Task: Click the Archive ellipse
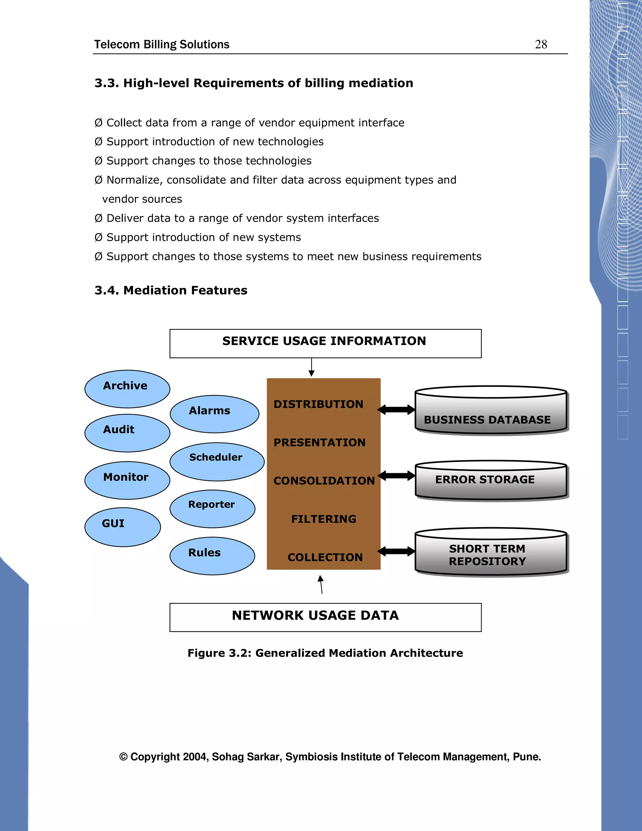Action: [127, 389]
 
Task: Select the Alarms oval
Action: [214, 414]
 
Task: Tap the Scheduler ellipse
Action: [217, 462]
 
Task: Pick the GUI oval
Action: [123, 527]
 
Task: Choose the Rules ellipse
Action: [212, 556]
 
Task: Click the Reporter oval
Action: [212, 509]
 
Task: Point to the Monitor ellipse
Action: [127, 480]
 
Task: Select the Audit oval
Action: [127, 433]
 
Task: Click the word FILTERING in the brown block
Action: [324, 519]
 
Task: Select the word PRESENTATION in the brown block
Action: [319, 442]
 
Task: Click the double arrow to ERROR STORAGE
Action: [396, 476]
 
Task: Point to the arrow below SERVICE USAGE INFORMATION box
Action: [312, 367]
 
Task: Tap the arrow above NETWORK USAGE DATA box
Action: [321, 585]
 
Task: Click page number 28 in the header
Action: [541, 44]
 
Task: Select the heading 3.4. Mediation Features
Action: [171, 290]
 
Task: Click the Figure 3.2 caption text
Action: [325, 653]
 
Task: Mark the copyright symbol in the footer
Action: [123, 757]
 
